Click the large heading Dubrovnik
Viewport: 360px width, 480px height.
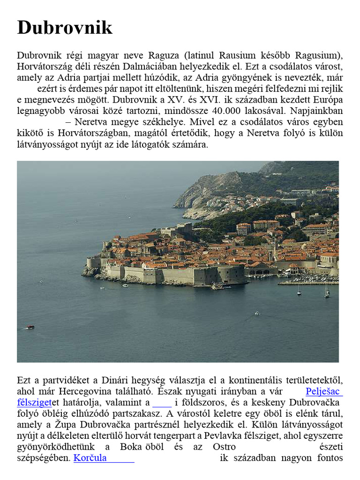coord(65,28)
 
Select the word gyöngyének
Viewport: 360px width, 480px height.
coord(241,76)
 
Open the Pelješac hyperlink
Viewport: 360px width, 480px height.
coord(324,391)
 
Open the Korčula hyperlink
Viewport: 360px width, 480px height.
coord(90,458)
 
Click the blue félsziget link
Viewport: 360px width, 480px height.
coord(34,402)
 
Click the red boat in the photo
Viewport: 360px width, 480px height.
coord(30,327)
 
